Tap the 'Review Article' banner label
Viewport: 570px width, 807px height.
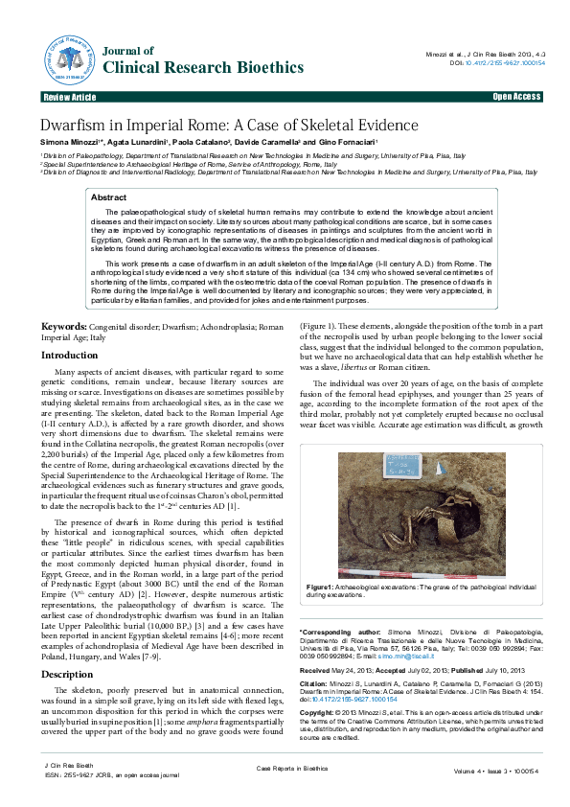[69, 98]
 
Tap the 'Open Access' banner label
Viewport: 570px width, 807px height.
[516, 98]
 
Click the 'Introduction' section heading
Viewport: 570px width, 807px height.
[69, 328]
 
